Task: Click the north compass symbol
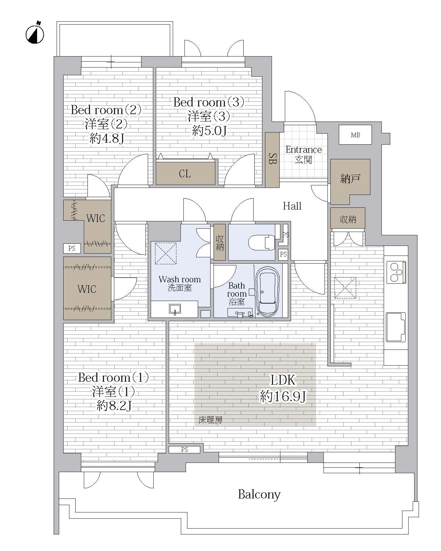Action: point(35,34)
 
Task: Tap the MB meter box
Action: point(355,135)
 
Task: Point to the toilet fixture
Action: point(262,242)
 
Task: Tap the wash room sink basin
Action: point(175,309)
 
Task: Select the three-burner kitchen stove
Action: point(396,272)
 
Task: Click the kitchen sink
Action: point(396,327)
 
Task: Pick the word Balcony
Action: point(259,494)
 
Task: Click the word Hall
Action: point(292,206)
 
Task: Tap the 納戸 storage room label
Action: point(350,178)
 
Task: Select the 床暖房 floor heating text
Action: point(211,420)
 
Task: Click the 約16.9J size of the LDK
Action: point(283,397)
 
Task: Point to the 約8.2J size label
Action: point(114,406)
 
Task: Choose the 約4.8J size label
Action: point(107,139)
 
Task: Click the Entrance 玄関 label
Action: point(304,155)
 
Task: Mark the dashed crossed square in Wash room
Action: point(166,253)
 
